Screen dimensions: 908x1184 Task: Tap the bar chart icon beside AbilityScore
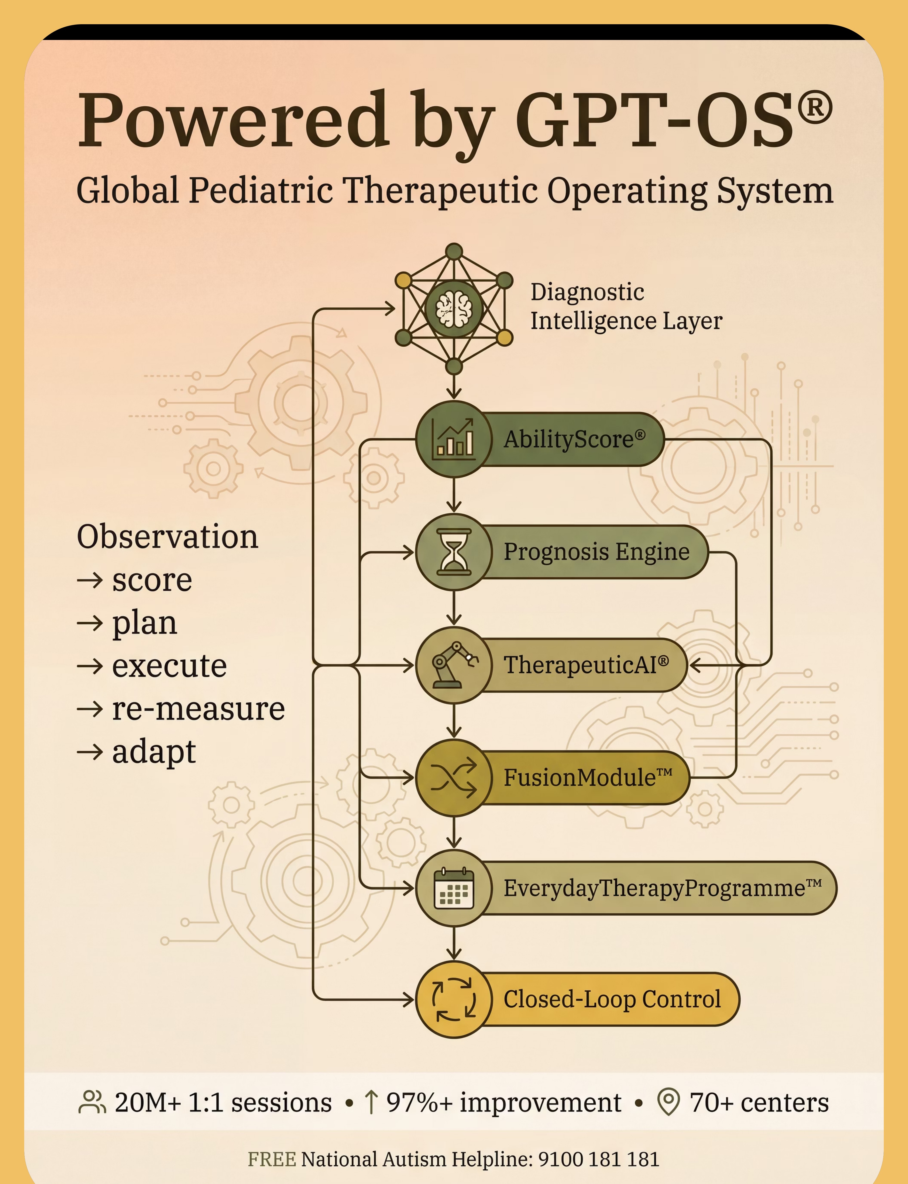454,439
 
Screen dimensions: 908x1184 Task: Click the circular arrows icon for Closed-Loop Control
454,999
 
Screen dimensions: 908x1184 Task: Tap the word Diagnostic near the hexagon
587,292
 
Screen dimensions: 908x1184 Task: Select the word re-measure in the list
198,709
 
